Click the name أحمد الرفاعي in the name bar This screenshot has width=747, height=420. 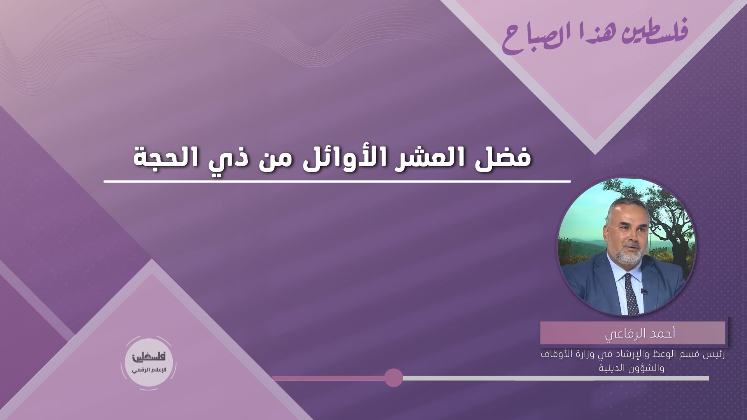point(633,334)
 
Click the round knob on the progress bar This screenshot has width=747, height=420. point(393,378)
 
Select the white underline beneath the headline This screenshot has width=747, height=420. point(337,181)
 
